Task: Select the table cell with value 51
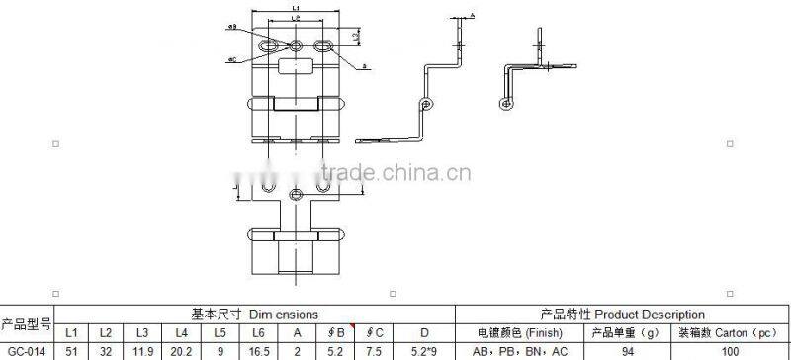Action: pos(71,350)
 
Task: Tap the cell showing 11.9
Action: pos(142,350)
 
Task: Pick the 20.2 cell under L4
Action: pos(178,350)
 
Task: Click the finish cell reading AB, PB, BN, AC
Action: pos(518,350)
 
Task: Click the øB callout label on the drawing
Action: pos(231,27)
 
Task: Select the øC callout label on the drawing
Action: pos(231,59)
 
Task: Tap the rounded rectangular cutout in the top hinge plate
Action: pos(297,66)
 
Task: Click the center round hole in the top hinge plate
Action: pos(297,45)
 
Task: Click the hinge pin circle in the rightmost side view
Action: pos(510,102)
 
